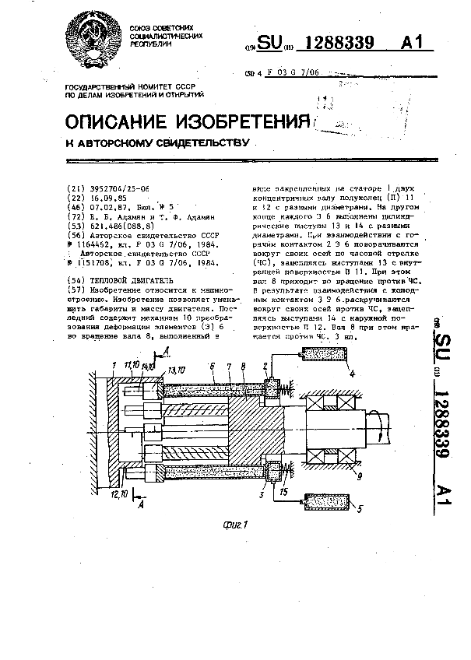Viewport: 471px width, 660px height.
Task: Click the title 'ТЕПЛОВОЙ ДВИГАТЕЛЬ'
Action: [x=129, y=279]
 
